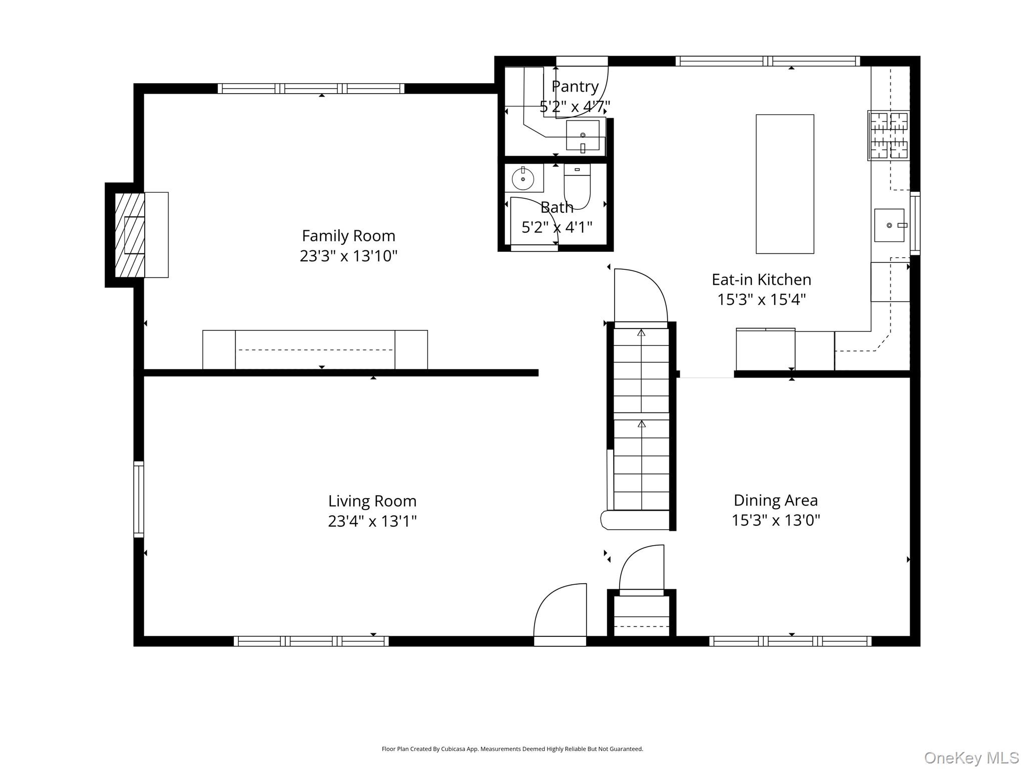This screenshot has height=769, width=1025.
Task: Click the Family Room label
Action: [x=348, y=235]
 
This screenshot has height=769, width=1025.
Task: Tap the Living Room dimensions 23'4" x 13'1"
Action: [x=372, y=521]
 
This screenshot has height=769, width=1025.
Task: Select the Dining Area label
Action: [x=776, y=500]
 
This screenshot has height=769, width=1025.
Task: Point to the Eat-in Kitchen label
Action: [x=761, y=279]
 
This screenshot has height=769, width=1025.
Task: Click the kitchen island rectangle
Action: [x=785, y=184]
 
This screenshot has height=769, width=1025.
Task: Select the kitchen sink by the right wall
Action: [x=890, y=225]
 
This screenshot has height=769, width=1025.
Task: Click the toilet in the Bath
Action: [x=577, y=186]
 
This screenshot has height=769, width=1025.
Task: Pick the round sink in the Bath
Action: [x=523, y=179]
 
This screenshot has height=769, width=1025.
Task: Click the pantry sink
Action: [x=583, y=135]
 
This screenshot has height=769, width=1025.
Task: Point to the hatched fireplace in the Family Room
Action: [x=130, y=235]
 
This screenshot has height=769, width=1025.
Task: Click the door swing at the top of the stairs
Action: [x=641, y=295]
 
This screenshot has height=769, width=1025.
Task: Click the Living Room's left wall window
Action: [x=139, y=499]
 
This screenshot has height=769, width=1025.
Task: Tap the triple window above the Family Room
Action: [x=311, y=89]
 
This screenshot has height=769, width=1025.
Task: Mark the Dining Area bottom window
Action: [x=790, y=641]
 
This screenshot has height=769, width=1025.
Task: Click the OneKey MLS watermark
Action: [x=971, y=757]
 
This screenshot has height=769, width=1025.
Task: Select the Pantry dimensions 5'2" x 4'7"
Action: [x=575, y=107]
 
